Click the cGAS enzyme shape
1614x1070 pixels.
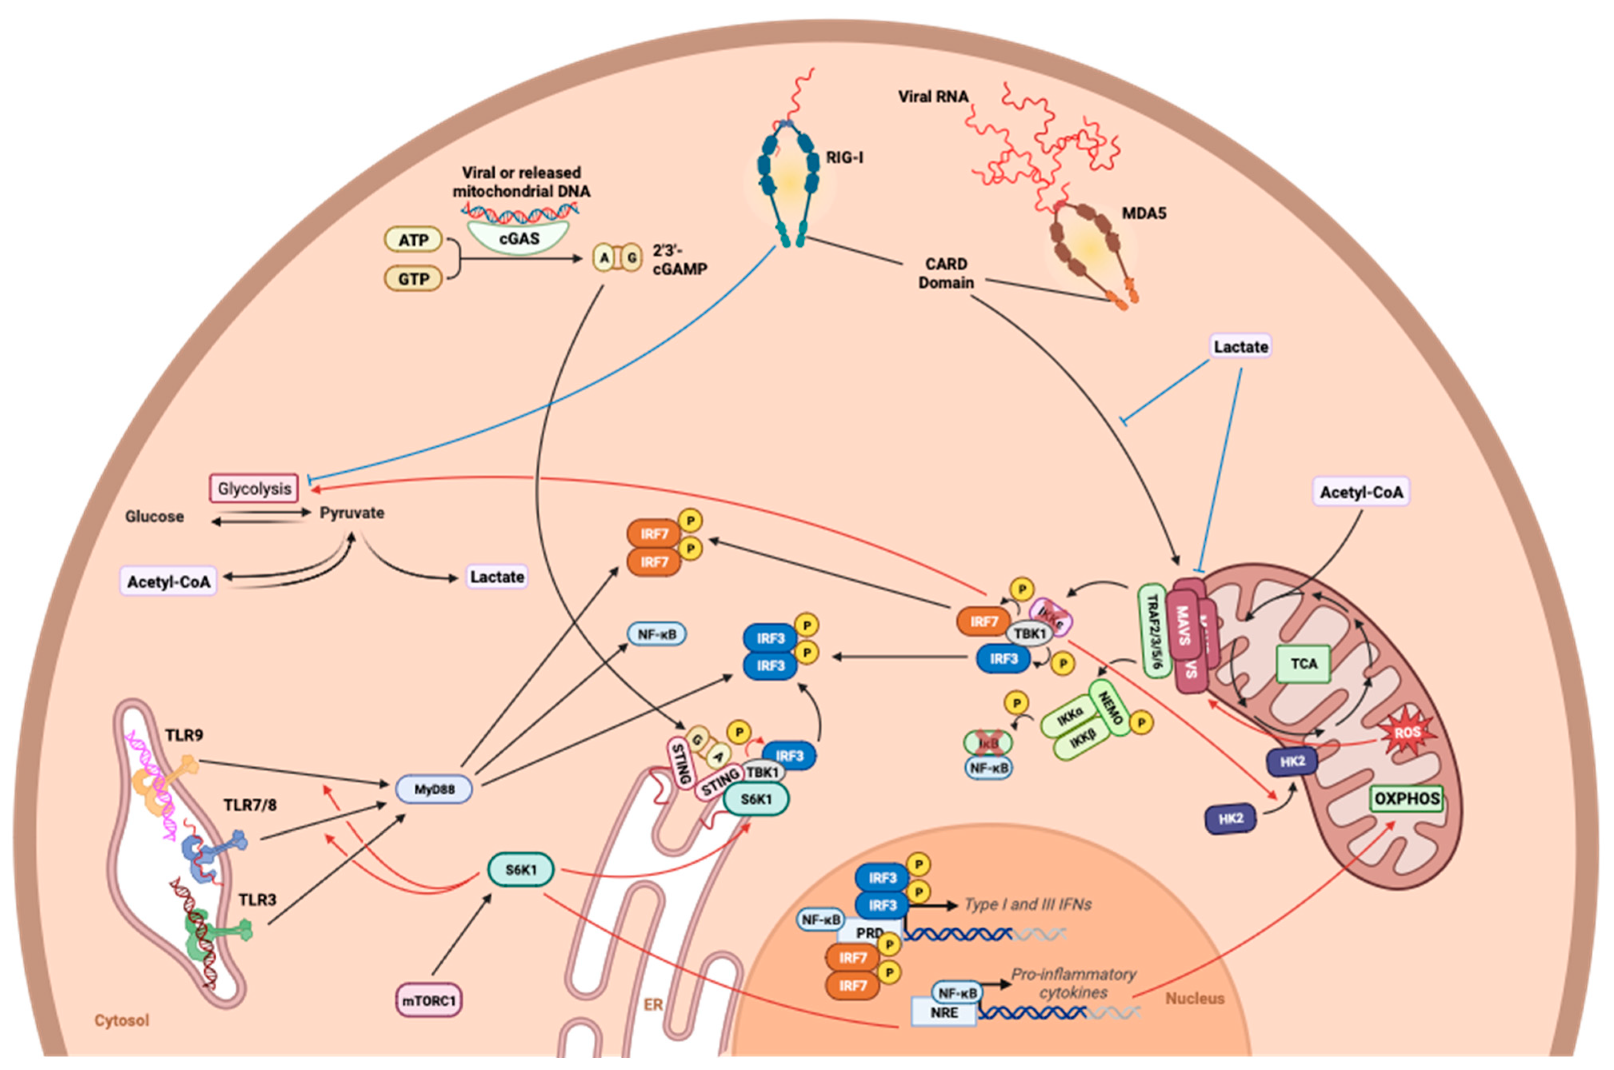520,238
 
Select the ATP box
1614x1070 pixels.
413,240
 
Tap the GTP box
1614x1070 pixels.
413,278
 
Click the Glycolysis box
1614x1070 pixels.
254,488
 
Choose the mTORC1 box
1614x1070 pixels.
428,1000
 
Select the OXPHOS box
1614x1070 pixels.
1406,798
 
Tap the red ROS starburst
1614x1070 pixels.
1406,733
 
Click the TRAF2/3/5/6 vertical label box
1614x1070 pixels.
1154,631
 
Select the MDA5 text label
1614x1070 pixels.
1144,214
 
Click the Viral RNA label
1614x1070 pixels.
933,97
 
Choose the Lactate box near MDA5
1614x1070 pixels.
1240,347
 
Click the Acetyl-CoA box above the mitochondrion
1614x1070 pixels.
1361,492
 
